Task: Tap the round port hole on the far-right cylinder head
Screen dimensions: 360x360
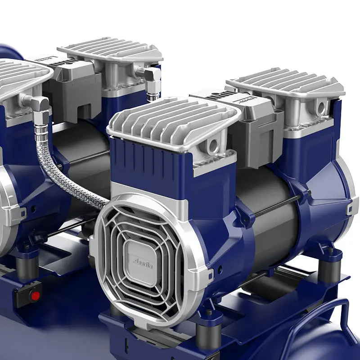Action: (321, 107)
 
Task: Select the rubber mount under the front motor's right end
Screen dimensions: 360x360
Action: (329, 268)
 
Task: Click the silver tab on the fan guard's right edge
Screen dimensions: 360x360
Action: (210, 275)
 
